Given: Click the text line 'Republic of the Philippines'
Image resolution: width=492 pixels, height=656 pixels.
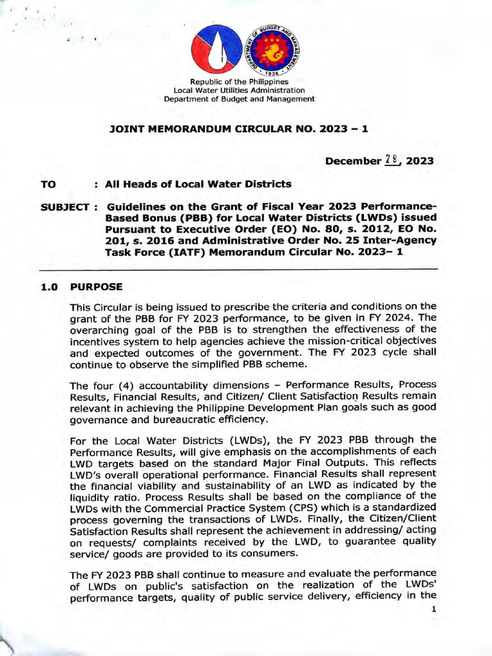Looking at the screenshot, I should [x=239, y=81].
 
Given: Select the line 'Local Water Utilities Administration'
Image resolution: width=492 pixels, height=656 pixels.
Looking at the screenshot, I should [x=239, y=90].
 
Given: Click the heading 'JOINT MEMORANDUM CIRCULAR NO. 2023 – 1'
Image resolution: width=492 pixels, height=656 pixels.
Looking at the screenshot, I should [x=240, y=128].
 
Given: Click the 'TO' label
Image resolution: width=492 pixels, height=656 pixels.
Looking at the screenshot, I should [x=48, y=184].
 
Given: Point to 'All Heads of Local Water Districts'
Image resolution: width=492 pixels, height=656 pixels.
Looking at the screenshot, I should [x=199, y=184].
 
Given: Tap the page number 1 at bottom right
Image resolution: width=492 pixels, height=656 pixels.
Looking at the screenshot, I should [x=434, y=609].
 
